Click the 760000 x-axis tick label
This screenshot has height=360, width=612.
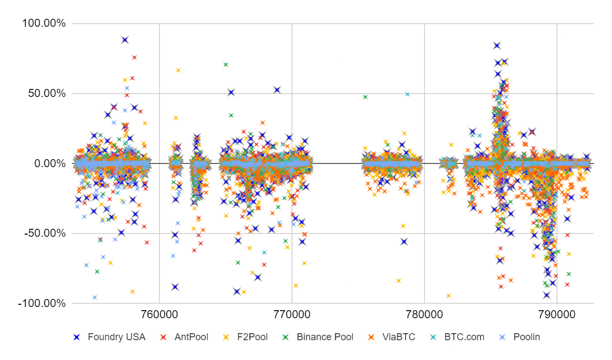[x=159, y=311]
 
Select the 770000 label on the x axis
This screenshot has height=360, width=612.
[x=292, y=311]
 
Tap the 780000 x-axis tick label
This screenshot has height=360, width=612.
[x=424, y=311]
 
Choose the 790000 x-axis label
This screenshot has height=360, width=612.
[x=557, y=311]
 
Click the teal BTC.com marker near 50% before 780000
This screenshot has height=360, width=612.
[x=407, y=94]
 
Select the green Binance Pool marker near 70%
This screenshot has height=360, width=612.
[x=226, y=64]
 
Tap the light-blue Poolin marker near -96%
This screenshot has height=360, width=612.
[x=95, y=297]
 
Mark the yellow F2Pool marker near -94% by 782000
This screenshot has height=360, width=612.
[x=449, y=296]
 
